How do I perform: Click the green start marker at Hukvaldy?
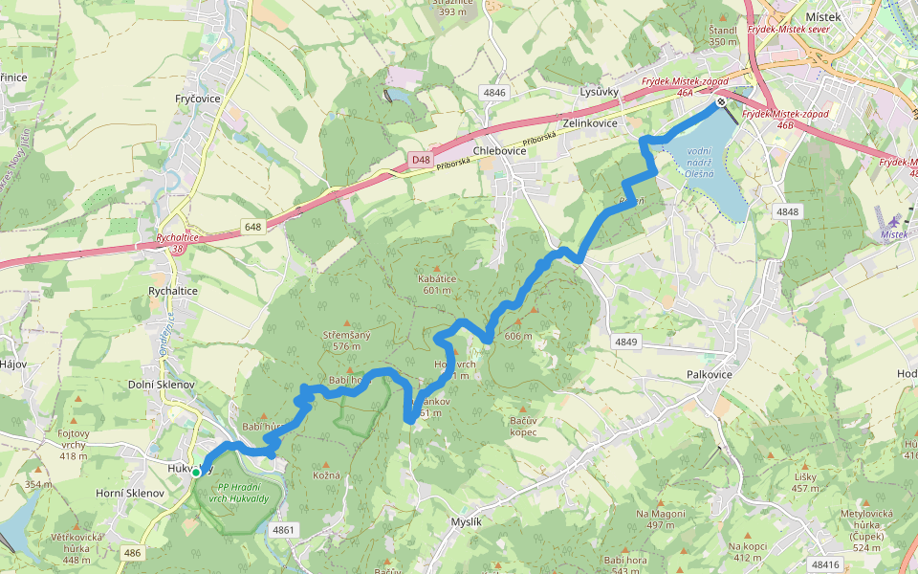coord(196,472)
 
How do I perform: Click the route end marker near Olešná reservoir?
coord(721,101)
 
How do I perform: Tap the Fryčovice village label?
coord(198,99)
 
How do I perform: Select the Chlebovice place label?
coord(500,151)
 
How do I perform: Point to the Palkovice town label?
coord(710,374)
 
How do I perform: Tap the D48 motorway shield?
coord(422,160)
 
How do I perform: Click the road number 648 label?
coord(252,227)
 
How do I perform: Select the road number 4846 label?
coord(493,93)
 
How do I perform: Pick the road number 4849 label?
coord(625,342)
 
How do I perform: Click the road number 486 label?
coord(132,552)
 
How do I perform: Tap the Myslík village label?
coord(466,521)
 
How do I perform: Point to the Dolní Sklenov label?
coord(162,384)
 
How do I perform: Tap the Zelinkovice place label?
coord(590,124)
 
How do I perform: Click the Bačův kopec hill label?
coord(523,427)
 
